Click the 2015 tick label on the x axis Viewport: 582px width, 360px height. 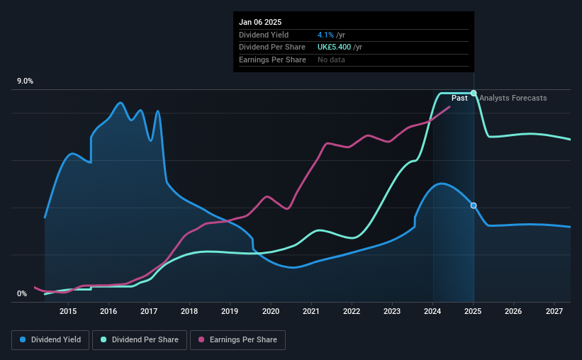click(x=68, y=311)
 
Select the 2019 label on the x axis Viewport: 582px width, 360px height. click(x=230, y=311)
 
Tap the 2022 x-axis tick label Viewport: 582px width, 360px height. click(x=352, y=311)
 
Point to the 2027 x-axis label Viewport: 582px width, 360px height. click(x=554, y=311)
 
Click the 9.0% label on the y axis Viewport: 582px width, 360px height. click(x=26, y=81)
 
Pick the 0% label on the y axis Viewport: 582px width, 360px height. click(x=22, y=294)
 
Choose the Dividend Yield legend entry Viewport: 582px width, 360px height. click(x=51, y=340)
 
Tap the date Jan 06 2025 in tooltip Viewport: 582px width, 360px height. click(x=260, y=22)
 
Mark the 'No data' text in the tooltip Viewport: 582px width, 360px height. click(x=332, y=60)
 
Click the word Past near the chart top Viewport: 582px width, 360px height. click(x=459, y=98)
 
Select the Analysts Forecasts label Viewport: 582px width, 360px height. click(x=513, y=98)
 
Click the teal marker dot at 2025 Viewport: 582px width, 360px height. click(x=474, y=93)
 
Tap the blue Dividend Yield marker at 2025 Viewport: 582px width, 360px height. click(x=474, y=206)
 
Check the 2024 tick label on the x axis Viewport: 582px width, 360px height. click(x=433, y=311)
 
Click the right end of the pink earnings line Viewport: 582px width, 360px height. click(x=449, y=107)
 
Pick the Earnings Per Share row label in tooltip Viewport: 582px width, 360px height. click(x=272, y=60)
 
